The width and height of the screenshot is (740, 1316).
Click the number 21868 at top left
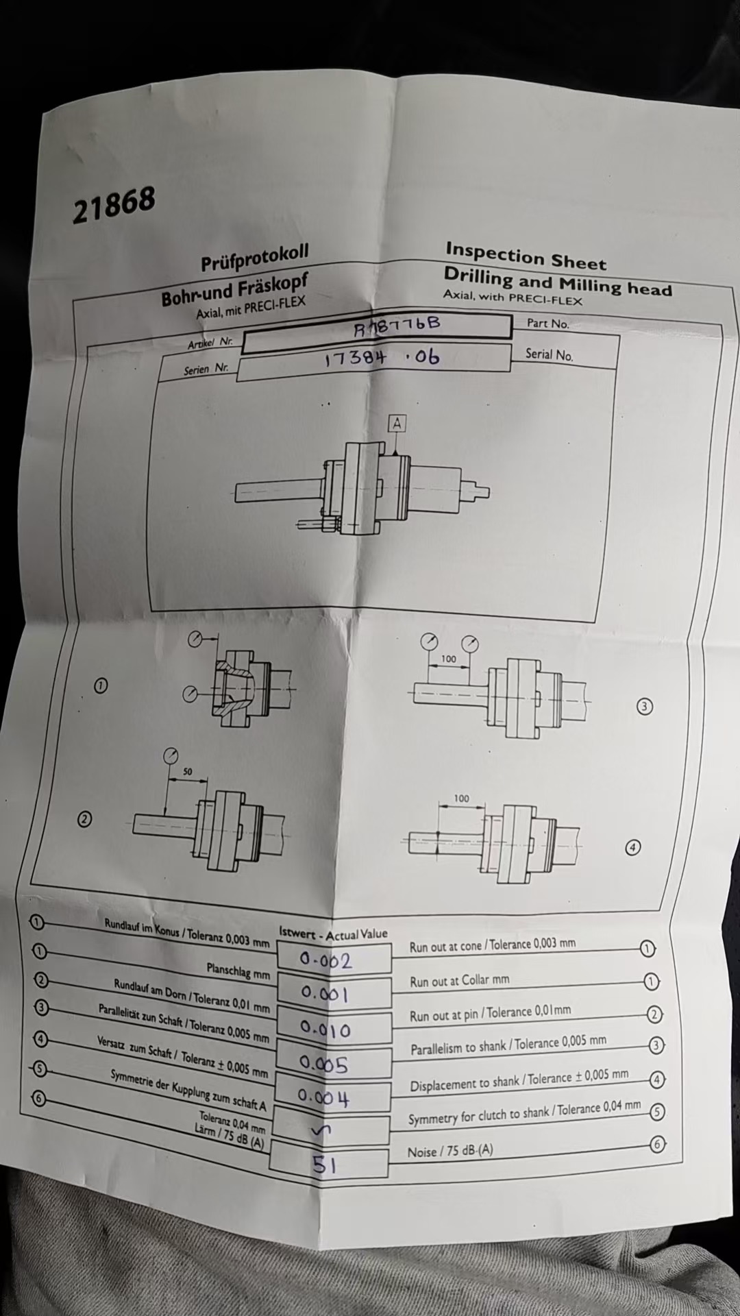pyautogui.click(x=114, y=204)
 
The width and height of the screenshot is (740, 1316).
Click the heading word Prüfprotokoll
pyautogui.click(x=254, y=258)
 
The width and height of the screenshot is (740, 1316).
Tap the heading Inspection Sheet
pyautogui.click(x=526, y=256)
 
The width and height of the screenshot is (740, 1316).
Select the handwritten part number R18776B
pyautogui.click(x=397, y=326)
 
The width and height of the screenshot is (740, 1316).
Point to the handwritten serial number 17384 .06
pyautogui.click(x=382, y=357)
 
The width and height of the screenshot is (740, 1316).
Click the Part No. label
pyautogui.click(x=547, y=323)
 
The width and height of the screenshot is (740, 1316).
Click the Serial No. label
pyautogui.click(x=549, y=354)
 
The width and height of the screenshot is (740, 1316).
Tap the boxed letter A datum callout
pyautogui.click(x=397, y=424)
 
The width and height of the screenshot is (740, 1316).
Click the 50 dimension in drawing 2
pyautogui.click(x=187, y=771)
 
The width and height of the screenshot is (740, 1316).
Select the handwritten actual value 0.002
pyautogui.click(x=326, y=960)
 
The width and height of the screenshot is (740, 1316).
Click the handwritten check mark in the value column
pyautogui.click(x=319, y=1131)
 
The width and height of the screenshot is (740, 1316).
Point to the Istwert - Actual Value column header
pyautogui.click(x=333, y=934)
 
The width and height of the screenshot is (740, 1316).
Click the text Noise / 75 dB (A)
pyautogui.click(x=450, y=1151)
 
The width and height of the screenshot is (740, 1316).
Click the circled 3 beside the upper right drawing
pyautogui.click(x=644, y=707)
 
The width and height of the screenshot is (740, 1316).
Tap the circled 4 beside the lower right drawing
pyautogui.click(x=633, y=848)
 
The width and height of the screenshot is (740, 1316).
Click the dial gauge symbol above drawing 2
pyautogui.click(x=170, y=757)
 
